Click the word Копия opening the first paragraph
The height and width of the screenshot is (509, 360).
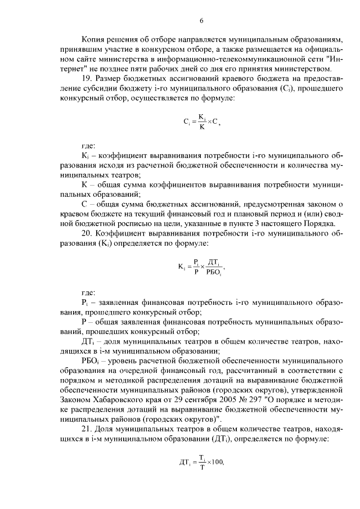[93, 40]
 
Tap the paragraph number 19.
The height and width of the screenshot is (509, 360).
[88, 79]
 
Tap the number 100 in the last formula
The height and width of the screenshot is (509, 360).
[216, 462]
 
